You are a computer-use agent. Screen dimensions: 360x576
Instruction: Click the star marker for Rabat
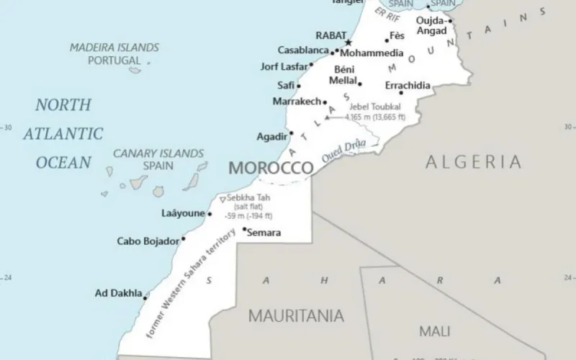click(x=347, y=42)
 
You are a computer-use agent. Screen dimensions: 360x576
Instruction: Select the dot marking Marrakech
click(x=325, y=102)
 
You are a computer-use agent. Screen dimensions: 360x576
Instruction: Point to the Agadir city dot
click(x=291, y=133)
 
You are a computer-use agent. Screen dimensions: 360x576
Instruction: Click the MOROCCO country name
click(x=271, y=168)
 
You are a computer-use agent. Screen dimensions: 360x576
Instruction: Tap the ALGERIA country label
click(x=474, y=161)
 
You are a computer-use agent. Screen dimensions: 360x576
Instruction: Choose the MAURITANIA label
click(x=296, y=315)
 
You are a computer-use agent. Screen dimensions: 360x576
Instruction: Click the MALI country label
click(x=434, y=331)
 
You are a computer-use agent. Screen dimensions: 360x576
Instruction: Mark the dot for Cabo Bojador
click(x=183, y=239)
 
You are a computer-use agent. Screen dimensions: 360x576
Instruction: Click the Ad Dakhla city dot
click(x=146, y=296)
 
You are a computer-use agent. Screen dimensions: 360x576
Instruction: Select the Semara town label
click(x=264, y=233)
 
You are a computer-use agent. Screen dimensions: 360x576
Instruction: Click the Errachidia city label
click(x=408, y=85)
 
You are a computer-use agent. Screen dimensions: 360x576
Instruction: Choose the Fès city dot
click(x=386, y=40)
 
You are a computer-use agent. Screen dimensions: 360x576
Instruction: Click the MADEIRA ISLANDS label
click(x=114, y=48)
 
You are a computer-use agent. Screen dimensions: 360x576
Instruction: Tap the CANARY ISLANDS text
click(x=158, y=153)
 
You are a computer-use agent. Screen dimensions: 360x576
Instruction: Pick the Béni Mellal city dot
click(x=360, y=84)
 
